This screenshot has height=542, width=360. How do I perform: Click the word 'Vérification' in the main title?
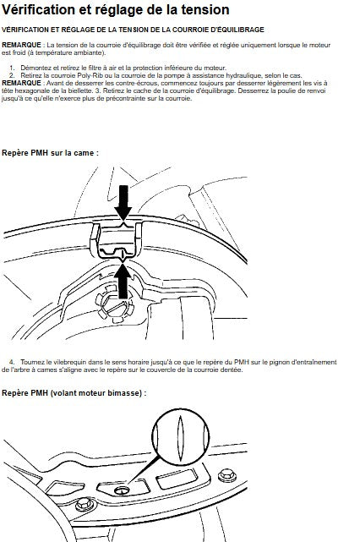point(38,9)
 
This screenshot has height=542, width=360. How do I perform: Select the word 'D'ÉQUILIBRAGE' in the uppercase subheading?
point(237,30)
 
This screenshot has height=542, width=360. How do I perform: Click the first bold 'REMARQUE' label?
point(21,45)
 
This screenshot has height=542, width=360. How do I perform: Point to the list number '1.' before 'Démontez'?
point(13,68)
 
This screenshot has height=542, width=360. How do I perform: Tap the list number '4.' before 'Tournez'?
point(13,362)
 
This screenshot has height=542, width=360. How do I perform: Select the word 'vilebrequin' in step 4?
point(72,362)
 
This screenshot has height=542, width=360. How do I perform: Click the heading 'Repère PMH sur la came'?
point(50,153)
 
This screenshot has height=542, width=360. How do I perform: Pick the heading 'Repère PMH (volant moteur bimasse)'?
point(74,393)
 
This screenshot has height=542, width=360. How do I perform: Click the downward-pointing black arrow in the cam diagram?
point(123,203)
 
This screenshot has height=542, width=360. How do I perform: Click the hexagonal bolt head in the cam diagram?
point(115,304)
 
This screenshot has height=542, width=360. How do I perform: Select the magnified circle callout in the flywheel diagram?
point(180,437)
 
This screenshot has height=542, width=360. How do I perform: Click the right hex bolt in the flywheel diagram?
point(227,476)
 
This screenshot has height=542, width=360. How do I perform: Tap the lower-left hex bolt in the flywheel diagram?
point(85,504)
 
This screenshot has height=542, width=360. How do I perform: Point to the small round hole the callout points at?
point(122,490)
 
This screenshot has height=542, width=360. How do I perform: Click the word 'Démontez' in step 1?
point(34,68)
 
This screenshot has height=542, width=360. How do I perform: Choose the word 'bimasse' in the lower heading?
point(127,393)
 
